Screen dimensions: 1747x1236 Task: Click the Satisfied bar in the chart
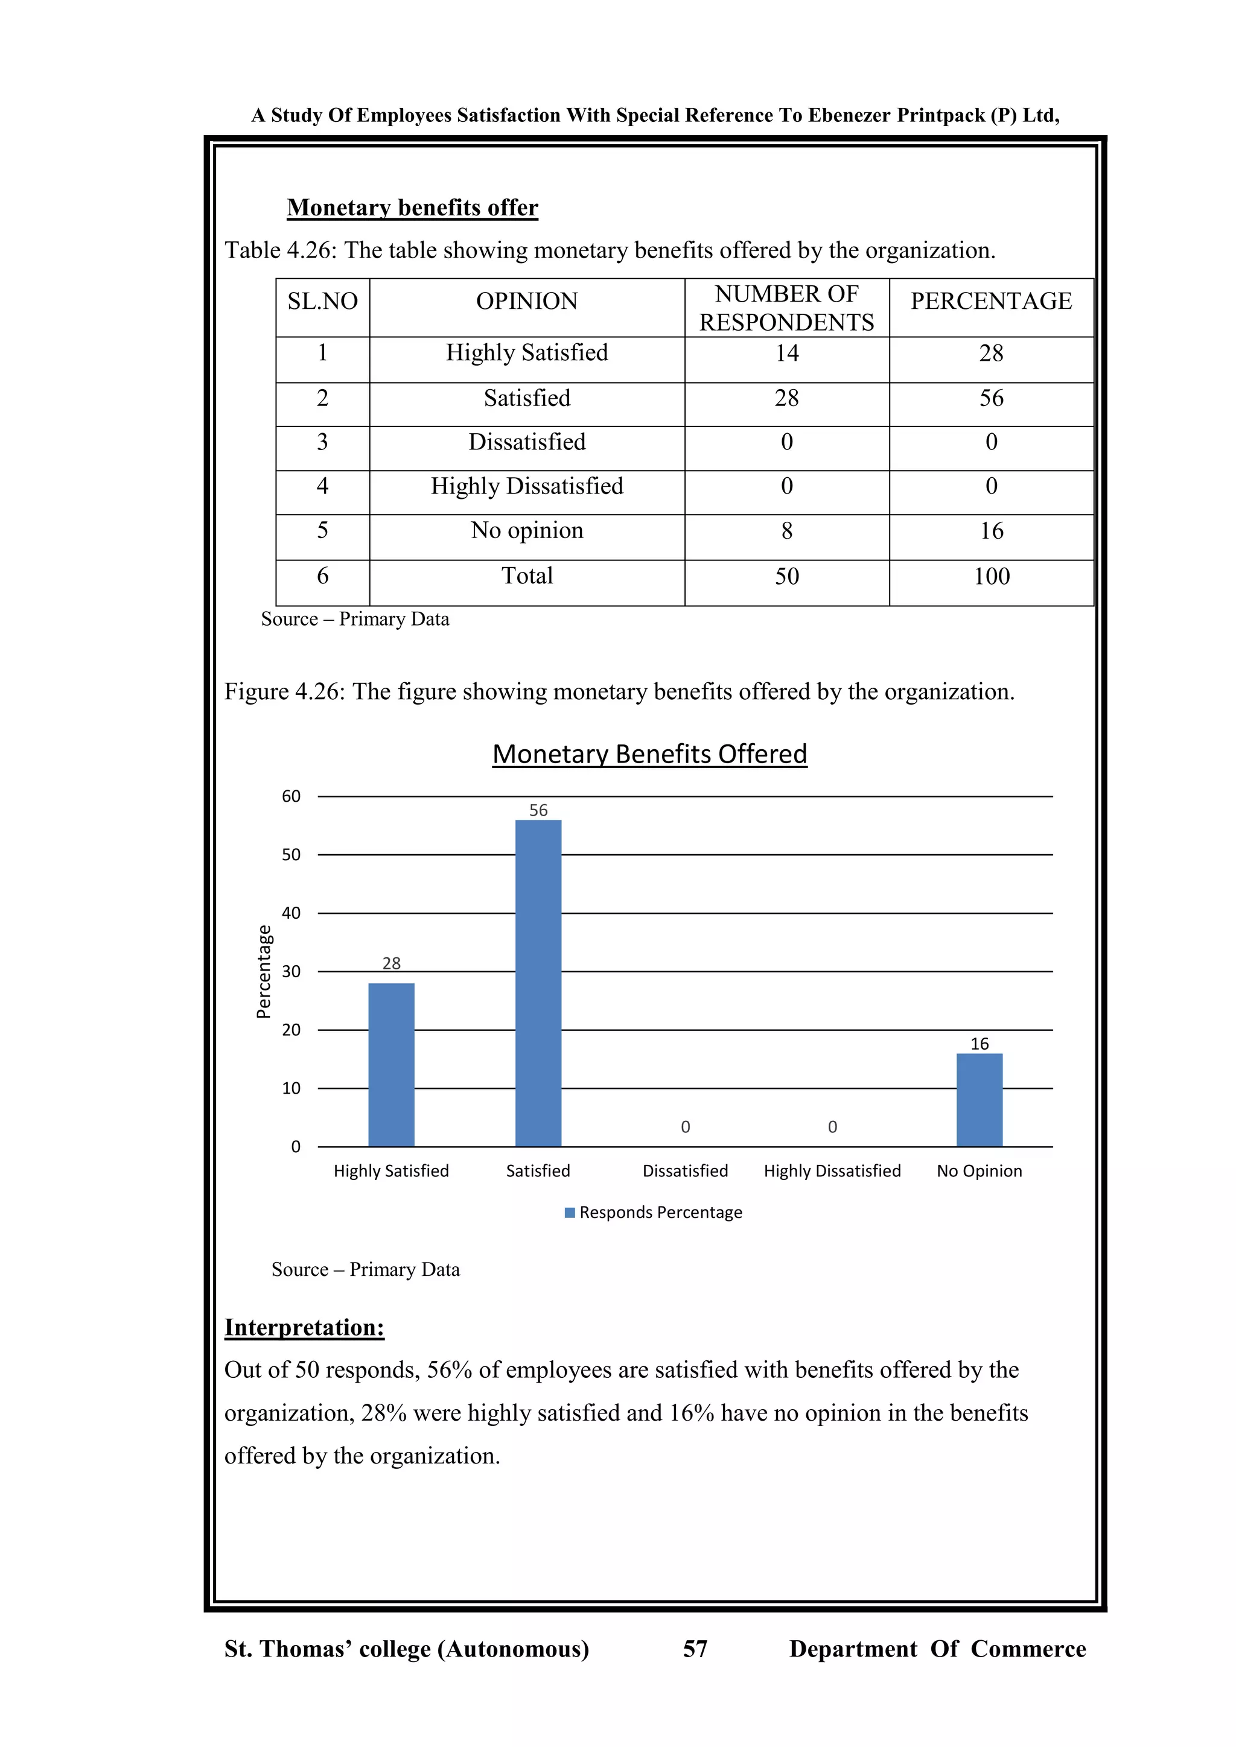[538, 983]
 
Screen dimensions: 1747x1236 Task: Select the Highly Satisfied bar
[391, 1065]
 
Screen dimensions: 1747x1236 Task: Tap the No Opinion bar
[979, 1100]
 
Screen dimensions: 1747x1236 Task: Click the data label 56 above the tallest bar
[538, 810]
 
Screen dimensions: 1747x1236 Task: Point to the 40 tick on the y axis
[291, 913]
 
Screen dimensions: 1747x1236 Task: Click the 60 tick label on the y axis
[291, 797]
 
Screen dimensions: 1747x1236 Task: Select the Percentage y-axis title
[263, 972]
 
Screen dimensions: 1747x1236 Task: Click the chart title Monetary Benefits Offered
[649, 754]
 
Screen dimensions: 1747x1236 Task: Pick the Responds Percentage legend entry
[653, 1212]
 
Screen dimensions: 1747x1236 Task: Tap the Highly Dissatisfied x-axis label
[832, 1171]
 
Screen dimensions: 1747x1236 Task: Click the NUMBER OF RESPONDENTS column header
[786, 308]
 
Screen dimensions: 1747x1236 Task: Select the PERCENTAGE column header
[991, 301]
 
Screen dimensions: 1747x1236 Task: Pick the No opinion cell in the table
[527, 530]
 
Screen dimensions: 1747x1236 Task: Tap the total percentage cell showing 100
[991, 576]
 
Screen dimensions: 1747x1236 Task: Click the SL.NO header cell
[323, 301]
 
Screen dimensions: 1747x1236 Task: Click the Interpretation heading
[304, 1327]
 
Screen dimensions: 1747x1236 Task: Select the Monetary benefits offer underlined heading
[413, 208]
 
